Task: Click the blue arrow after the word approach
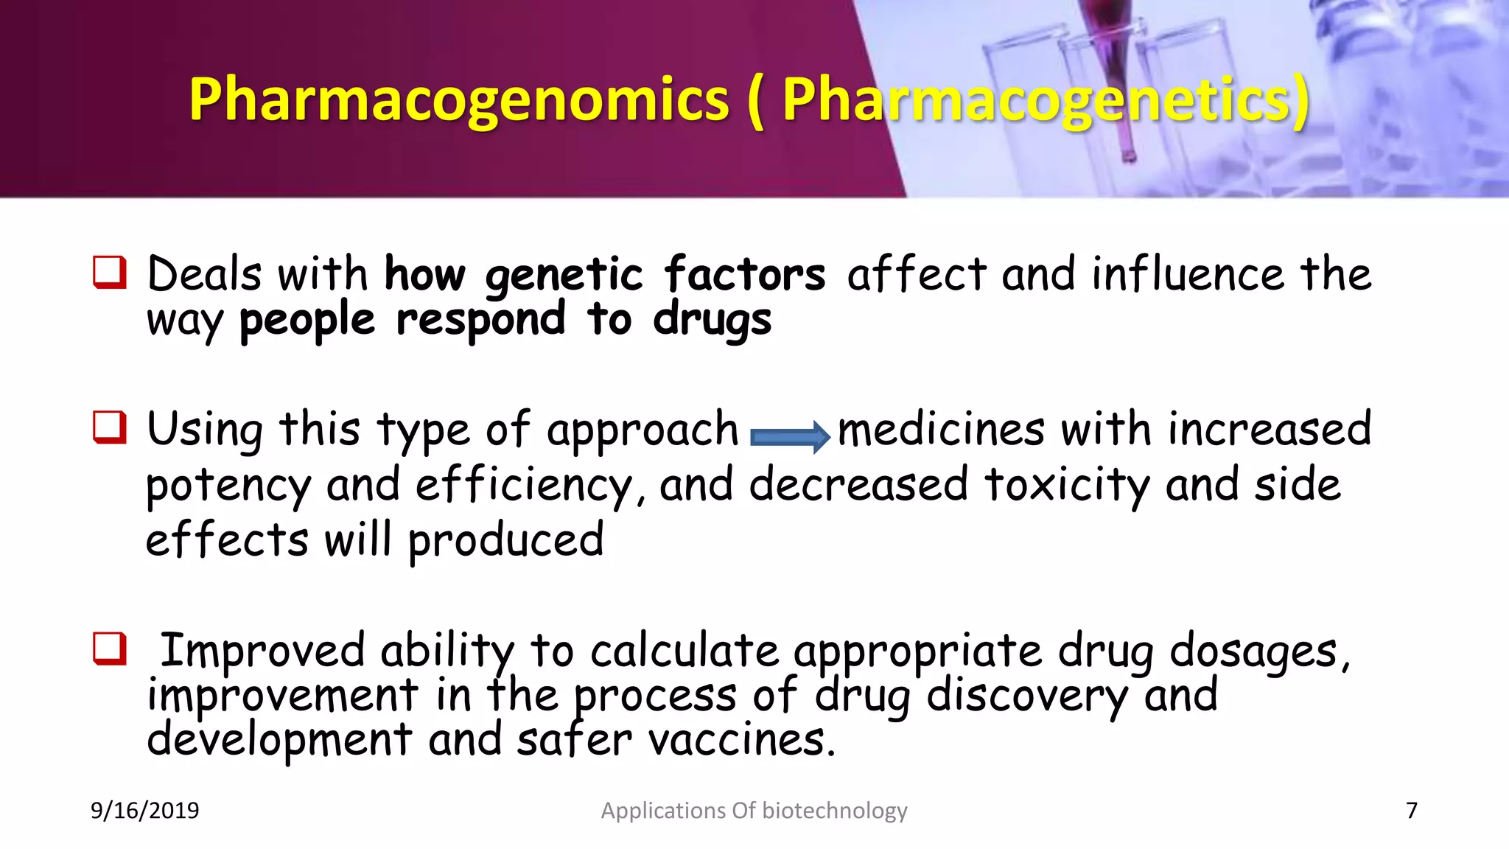[x=789, y=437]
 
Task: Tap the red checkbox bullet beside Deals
[x=110, y=273]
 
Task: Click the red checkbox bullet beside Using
[x=110, y=428]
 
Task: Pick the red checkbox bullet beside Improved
[x=110, y=649]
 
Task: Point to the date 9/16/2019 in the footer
[x=144, y=811]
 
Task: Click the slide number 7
[x=1412, y=811]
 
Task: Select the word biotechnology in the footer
[x=834, y=811]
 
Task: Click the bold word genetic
[x=564, y=276]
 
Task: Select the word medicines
[x=941, y=430]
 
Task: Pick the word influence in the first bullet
[x=1188, y=274]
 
